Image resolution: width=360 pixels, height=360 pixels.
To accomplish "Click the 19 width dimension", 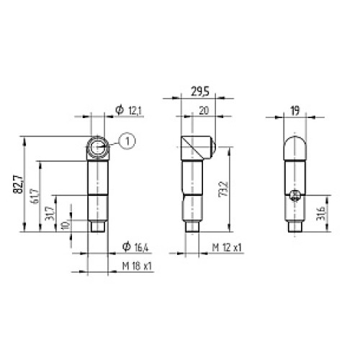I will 294,109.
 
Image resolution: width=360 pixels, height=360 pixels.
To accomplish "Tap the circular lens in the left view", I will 97,148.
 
